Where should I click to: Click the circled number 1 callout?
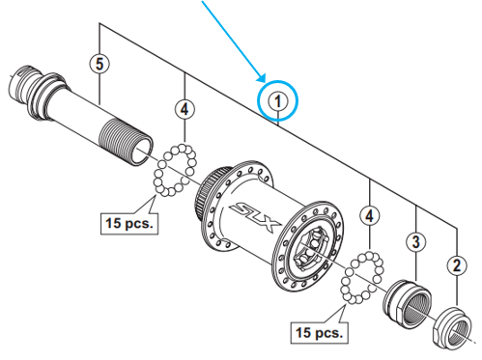click(x=278, y=99)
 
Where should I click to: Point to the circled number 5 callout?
click(x=97, y=64)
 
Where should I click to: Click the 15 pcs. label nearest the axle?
click(x=128, y=224)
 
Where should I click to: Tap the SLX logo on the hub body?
click(x=253, y=209)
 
